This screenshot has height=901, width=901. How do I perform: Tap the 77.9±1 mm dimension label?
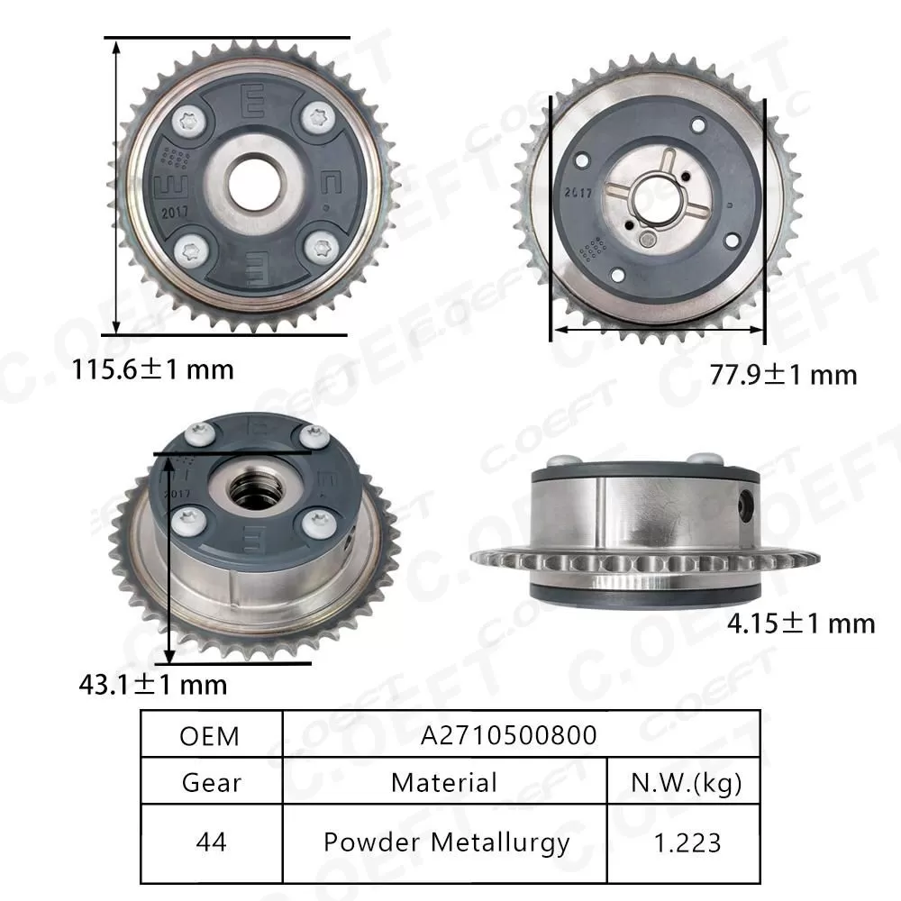tap(779, 373)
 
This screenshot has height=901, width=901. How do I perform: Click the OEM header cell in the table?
tap(210, 735)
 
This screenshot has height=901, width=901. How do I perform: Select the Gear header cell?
tap(211, 781)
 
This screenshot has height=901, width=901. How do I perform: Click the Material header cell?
tap(443, 781)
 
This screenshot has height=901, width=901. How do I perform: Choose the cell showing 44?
tap(211, 842)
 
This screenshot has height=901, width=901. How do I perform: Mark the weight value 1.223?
tap(685, 842)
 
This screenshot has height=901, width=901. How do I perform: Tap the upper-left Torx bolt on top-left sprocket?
tap(190, 118)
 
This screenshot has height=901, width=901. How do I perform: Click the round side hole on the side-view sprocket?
tap(746, 504)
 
